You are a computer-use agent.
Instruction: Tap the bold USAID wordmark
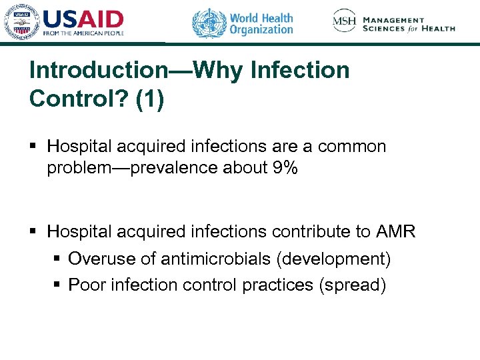(83, 18)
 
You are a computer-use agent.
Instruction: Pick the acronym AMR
(395, 232)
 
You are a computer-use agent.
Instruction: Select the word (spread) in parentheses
(353, 285)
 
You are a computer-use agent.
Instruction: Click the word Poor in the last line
(84, 285)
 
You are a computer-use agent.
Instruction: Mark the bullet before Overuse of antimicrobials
(56, 259)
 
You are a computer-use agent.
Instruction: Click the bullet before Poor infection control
(56, 285)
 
